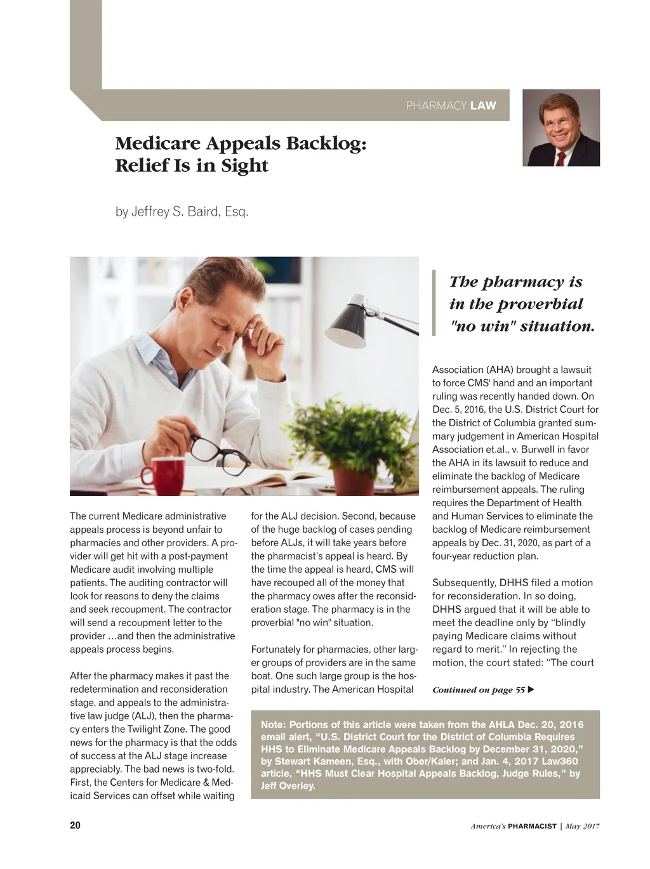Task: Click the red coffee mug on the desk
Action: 161,477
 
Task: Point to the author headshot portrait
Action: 560,128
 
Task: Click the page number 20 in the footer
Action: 75,825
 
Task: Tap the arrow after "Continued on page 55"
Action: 531,689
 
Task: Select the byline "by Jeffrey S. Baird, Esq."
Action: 182,212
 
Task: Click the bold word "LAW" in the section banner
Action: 483,106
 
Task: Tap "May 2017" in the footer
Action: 582,826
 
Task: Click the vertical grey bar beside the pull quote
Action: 434,303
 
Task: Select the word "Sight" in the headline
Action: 244,166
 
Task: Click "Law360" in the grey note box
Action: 560,761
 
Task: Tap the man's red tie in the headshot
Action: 560,158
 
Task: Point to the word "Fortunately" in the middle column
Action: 277,649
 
